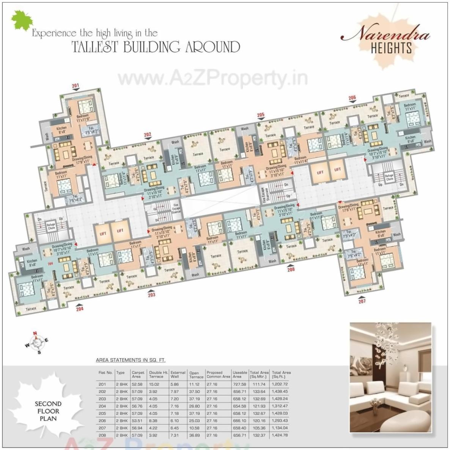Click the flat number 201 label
click(x=76, y=85)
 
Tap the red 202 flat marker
click(x=147, y=134)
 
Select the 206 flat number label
click(x=352, y=98)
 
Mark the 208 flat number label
click(x=291, y=270)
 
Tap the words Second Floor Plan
click(x=48, y=411)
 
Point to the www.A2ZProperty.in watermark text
click(x=212, y=79)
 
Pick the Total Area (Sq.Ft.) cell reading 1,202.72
click(x=280, y=384)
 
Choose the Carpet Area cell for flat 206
click(x=137, y=421)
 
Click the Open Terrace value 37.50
click(x=195, y=392)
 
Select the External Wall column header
click(x=178, y=374)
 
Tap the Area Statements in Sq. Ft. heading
click(x=131, y=360)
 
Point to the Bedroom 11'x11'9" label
click(x=82, y=118)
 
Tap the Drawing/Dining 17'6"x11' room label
click(x=348, y=207)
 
